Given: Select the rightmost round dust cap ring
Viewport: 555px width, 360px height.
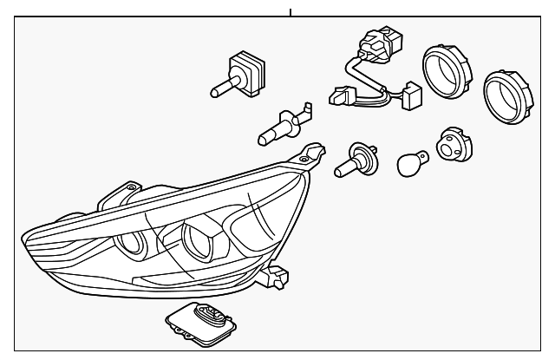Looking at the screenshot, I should click(x=502, y=92).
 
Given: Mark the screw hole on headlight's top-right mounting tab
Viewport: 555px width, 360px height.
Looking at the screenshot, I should click(x=304, y=157).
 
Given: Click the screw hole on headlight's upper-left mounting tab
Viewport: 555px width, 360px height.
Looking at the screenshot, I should click(x=131, y=186).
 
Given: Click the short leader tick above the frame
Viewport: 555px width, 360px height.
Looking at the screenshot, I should click(x=291, y=12).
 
